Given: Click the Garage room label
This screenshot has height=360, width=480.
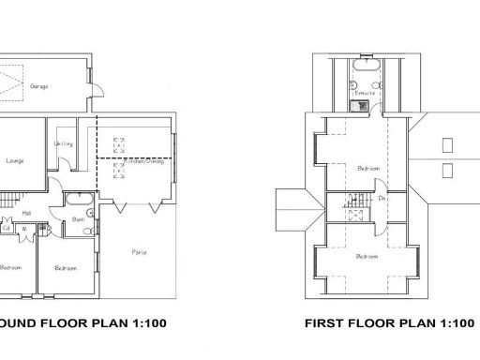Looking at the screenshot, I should pyautogui.click(x=40, y=86).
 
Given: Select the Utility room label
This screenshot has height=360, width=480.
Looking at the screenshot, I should pyautogui.click(x=65, y=144).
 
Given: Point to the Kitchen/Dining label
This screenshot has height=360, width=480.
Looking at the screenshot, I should pyautogui.click(x=134, y=161).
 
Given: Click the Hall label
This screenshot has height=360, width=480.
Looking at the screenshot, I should pyautogui.click(x=28, y=212).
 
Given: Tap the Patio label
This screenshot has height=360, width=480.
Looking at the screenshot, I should pyautogui.click(x=139, y=252).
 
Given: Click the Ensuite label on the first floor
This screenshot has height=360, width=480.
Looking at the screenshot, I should pyautogui.click(x=364, y=94).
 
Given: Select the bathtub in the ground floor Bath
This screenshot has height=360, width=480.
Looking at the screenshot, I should pyautogui.click(x=77, y=200).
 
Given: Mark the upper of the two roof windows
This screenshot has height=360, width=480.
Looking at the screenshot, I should pyautogui.click(x=446, y=145).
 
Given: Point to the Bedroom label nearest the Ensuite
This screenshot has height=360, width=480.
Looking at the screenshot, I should pyautogui.click(x=368, y=169).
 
